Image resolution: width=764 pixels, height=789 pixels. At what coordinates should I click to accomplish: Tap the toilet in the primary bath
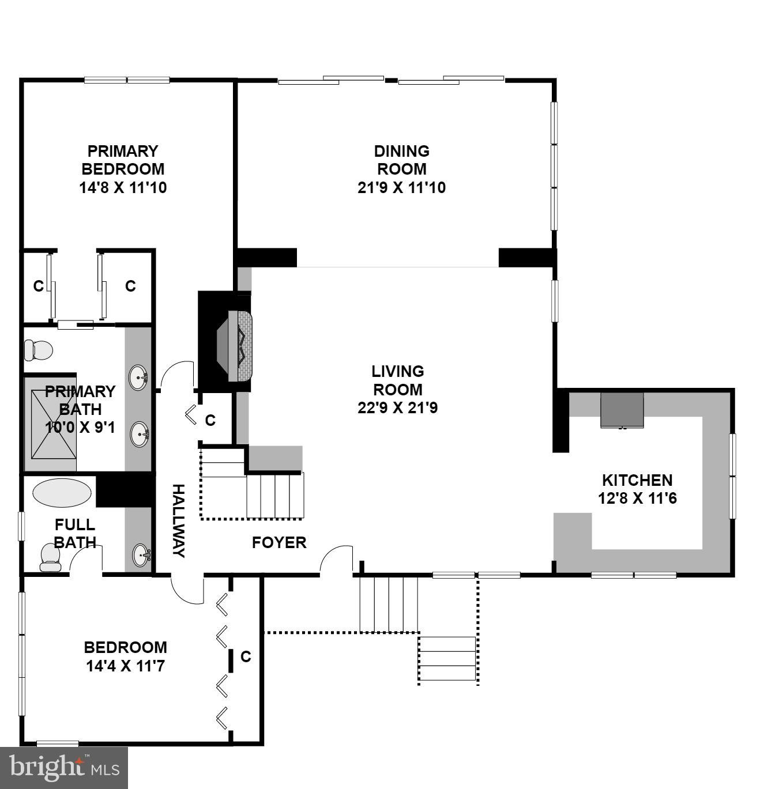[38, 350]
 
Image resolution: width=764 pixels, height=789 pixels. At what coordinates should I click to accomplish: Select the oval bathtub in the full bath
[62, 493]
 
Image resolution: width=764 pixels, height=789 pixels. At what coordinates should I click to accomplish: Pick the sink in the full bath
[141, 556]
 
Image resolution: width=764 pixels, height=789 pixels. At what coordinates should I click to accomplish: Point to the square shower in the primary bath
[53, 424]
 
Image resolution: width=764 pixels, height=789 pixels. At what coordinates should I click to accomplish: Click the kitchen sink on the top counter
[622, 410]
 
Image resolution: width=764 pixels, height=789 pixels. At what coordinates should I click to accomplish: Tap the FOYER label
[279, 542]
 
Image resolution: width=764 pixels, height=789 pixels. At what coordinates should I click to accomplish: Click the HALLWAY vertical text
[179, 520]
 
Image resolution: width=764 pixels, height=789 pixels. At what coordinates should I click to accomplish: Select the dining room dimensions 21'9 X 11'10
[401, 187]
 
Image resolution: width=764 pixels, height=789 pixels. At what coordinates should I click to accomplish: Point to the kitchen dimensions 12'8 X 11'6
[637, 498]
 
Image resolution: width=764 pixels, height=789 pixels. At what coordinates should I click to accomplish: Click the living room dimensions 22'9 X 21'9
[397, 408]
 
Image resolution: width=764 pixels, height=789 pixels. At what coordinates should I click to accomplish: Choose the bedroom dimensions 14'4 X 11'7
[126, 666]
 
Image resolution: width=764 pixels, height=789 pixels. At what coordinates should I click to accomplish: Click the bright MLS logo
[64, 768]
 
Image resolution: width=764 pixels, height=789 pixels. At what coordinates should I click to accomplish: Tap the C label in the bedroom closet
[246, 656]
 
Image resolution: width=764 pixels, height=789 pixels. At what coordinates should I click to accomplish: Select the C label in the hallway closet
[210, 420]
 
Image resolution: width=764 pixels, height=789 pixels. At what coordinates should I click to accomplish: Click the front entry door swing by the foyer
[336, 559]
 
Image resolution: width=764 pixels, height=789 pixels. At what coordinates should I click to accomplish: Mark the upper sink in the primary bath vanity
[139, 378]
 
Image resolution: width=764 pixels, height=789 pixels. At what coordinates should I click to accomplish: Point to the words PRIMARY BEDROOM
[123, 160]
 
